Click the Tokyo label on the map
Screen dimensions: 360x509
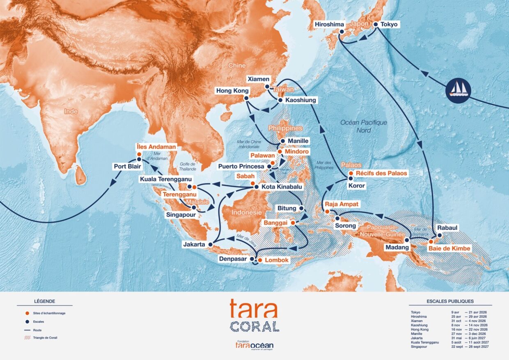(x=389, y=24)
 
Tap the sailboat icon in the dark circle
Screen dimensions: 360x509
(x=457, y=89)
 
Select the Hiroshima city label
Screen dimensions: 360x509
(x=329, y=24)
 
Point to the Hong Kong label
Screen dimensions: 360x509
(x=230, y=90)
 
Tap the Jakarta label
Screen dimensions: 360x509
(x=194, y=245)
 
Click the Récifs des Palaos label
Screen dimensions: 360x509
(x=381, y=173)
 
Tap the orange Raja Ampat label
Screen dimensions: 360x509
(x=342, y=204)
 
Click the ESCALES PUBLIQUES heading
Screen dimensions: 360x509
(x=450, y=301)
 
